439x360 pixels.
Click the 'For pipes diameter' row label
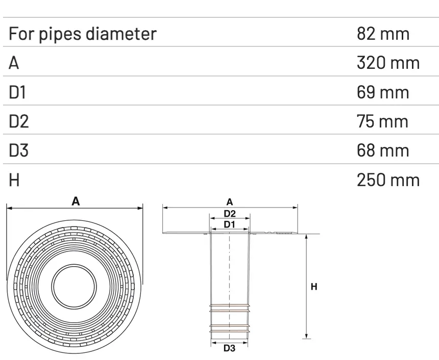(82, 34)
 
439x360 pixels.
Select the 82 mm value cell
(383, 34)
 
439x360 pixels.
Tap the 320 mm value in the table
(388, 63)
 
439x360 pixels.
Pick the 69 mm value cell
(383, 92)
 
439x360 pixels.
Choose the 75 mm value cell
(383, 121)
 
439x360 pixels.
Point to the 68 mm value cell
(383, 150)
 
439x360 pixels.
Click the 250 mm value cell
(388, 179)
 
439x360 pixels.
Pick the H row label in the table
(14, 179)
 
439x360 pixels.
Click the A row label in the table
(14, 63)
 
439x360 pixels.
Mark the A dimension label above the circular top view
(75, 202)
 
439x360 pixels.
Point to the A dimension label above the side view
(230, 202)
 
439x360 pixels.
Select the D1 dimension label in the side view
(230, 224)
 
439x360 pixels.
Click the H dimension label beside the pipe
(314, 287)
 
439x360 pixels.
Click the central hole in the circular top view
(75, 288)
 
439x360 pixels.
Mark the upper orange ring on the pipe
(230, 308)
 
